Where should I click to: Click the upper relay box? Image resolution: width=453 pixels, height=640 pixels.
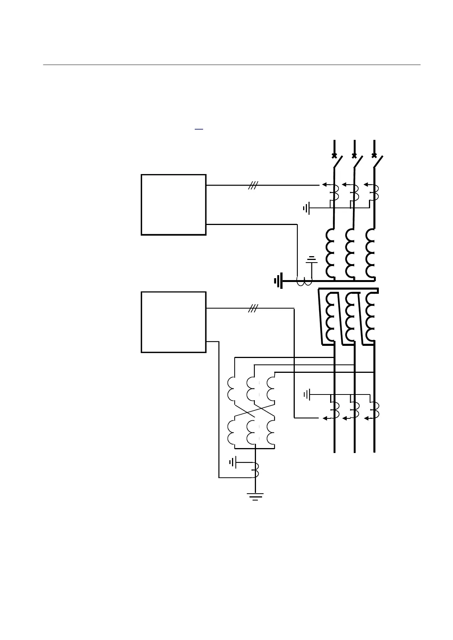tap(173, 204)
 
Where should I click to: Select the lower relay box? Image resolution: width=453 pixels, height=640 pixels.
tap(173, 322)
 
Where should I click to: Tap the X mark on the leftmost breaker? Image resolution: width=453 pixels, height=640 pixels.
tap(334, 155)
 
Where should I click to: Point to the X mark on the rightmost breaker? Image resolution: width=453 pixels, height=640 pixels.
tap(374, 155)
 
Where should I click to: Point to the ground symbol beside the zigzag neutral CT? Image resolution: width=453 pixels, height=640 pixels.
tap(232, 462)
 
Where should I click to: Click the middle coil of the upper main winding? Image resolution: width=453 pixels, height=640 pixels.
tap(350, 253)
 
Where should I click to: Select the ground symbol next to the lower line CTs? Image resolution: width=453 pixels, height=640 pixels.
tap(307, 395)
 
